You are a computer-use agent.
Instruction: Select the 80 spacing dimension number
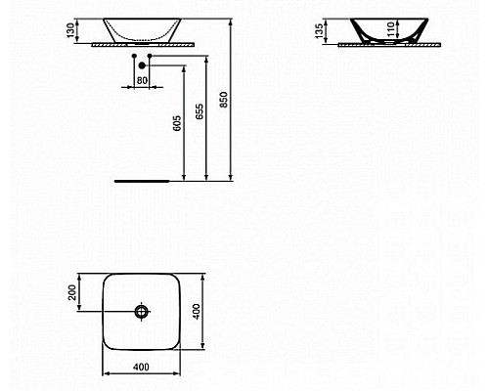tap(142, 79)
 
